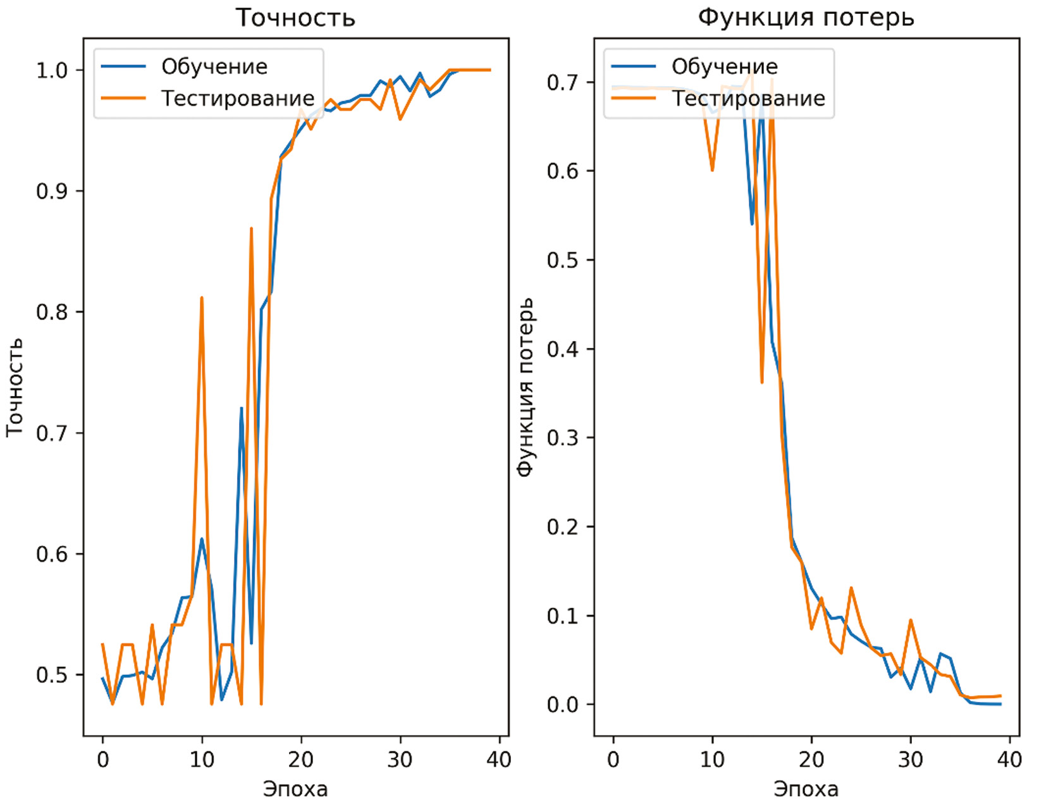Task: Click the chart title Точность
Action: coord(295,18)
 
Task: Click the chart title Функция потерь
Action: coord(806,17)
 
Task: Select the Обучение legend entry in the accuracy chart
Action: coord(214,66)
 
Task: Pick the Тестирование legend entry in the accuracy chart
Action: coord(237,98)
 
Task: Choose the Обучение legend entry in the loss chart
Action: coord(724,66)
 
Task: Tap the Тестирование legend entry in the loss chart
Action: coord(748,98)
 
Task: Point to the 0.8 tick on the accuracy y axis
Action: coord(52,312)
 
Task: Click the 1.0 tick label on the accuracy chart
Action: coord(52,70)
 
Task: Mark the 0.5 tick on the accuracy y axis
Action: coord(52,674)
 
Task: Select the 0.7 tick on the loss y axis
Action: coord(563,82)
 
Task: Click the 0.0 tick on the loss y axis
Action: coord(563,704)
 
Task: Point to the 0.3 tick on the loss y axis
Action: coord(563,438)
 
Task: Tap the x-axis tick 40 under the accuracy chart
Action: coord(499,759)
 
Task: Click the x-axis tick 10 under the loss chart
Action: coord(712,759)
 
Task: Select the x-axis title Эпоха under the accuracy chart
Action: coord(295,789)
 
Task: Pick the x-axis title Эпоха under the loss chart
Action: coord(806,789)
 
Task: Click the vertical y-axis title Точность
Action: coord(15,387)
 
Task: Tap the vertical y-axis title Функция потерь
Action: coord(526,387)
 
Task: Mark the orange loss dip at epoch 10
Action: coord(712,170)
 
